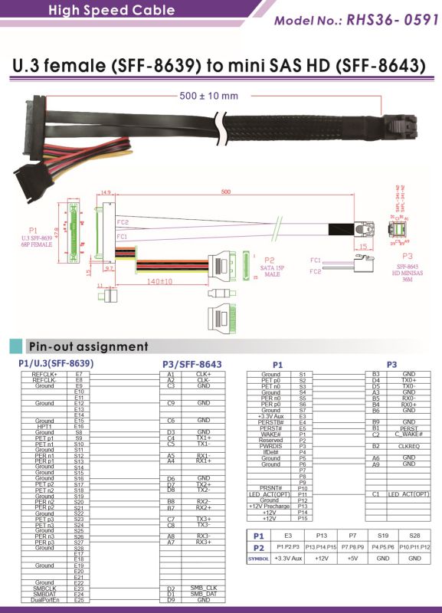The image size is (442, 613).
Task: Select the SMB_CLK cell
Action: [x=203, y=588]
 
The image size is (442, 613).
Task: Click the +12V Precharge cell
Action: [x=270, y=506]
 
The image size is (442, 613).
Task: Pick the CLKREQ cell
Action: [x=408, y=446]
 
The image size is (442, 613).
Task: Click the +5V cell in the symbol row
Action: [x=353, y=559]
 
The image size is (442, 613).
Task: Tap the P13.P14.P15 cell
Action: [x=322, y=548]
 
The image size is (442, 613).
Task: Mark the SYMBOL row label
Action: [x=258, y=559]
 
